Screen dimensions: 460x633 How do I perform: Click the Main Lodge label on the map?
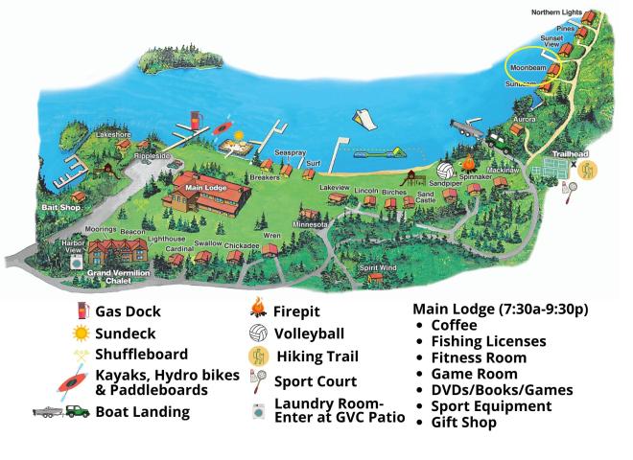205,188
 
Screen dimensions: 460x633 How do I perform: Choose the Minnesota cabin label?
309,224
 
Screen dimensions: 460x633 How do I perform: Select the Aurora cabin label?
524,119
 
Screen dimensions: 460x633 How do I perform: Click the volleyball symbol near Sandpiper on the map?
444,169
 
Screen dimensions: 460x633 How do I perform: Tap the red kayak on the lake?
222,128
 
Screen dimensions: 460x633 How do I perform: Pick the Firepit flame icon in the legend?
257,310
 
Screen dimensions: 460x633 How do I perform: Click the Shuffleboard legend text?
141,354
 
